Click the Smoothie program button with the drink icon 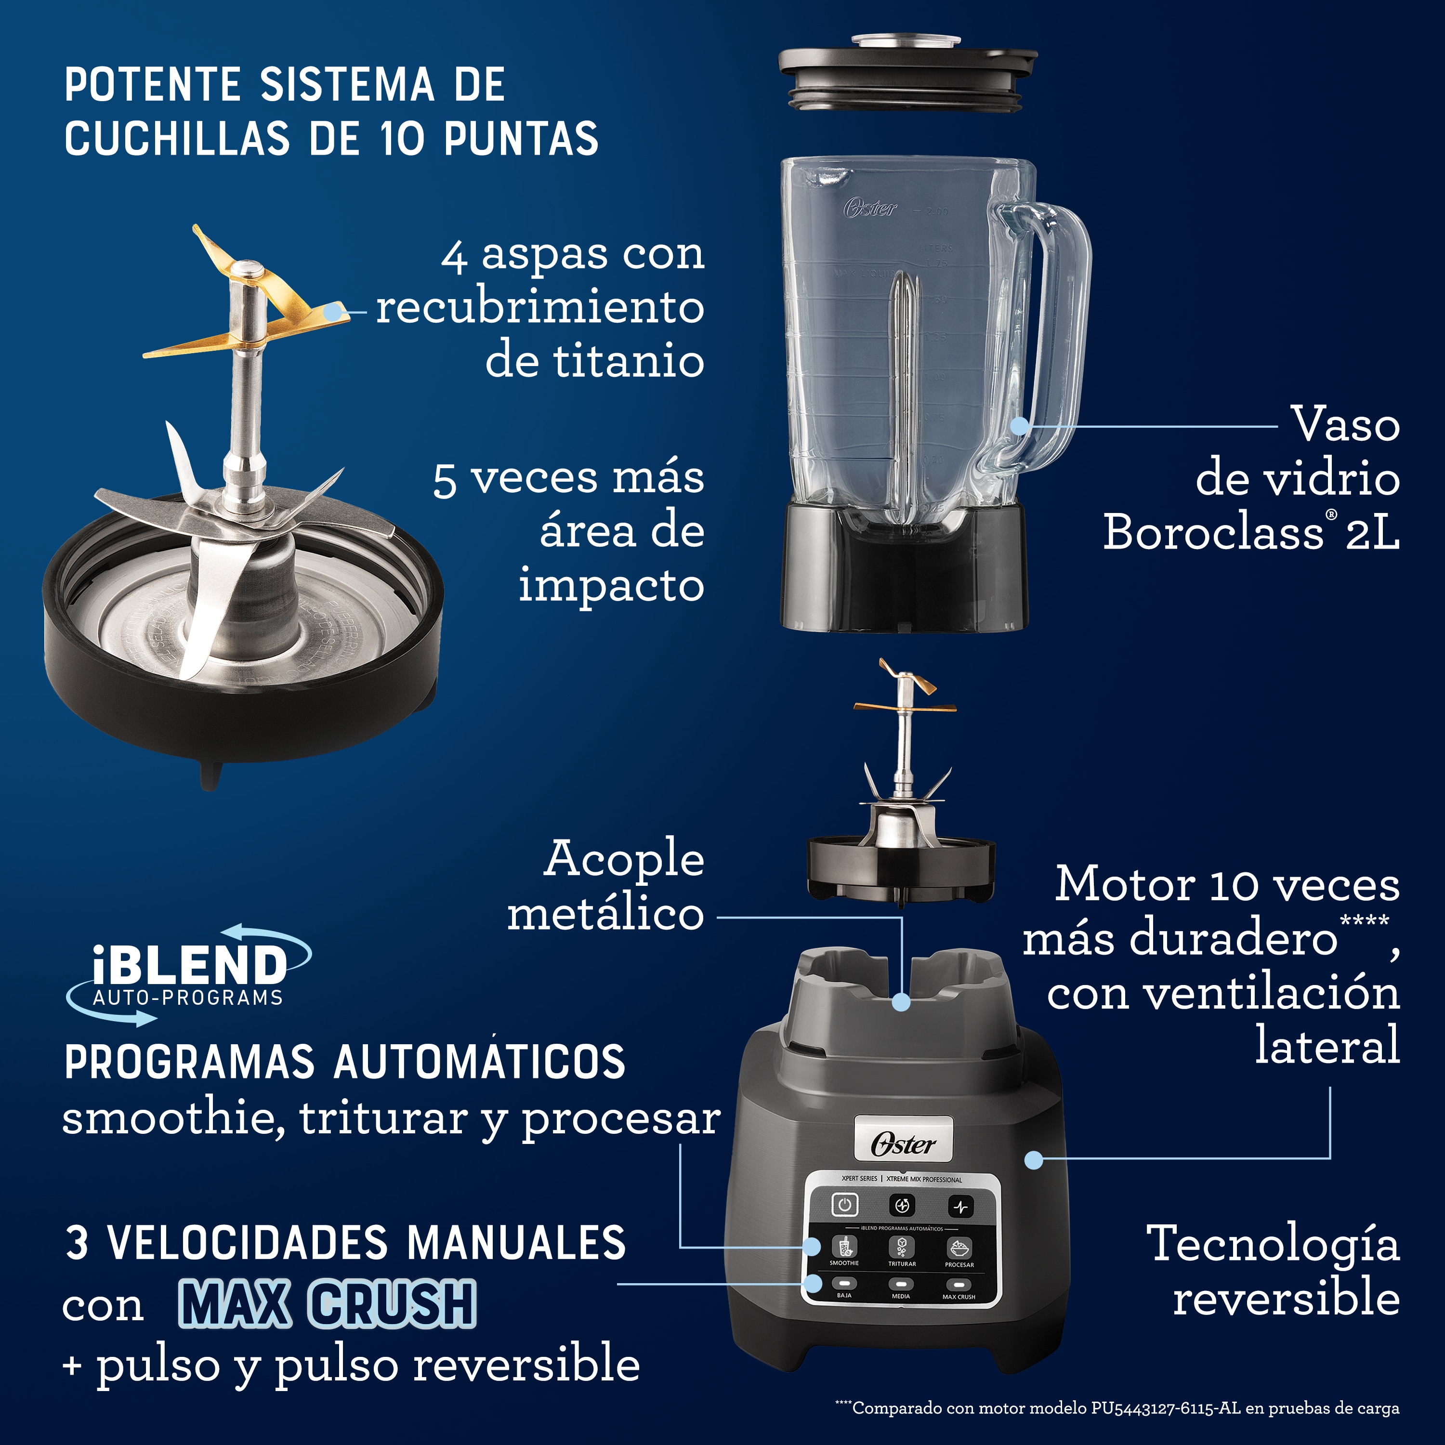845,1247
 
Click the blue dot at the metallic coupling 901,1002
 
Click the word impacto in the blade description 611,585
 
